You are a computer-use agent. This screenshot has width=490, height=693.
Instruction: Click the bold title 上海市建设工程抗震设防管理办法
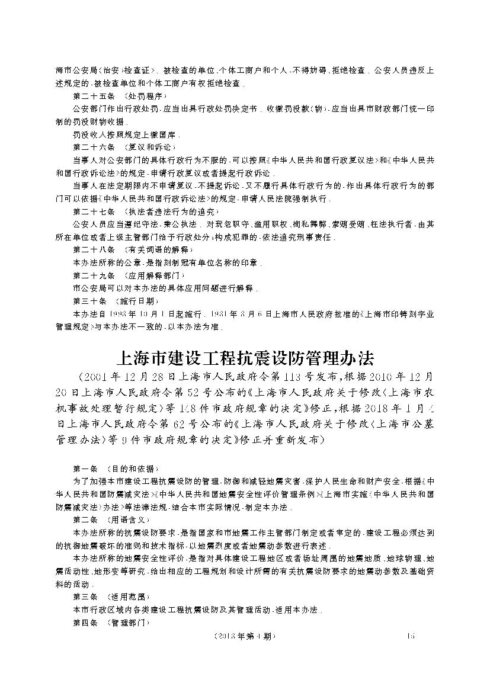coord(244,359)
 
